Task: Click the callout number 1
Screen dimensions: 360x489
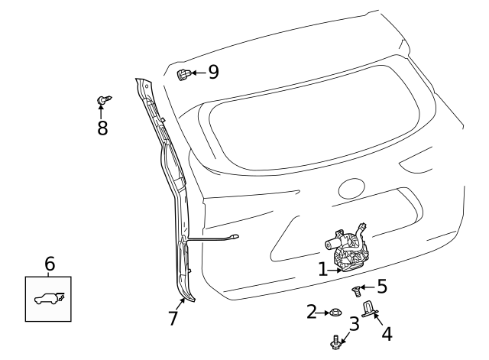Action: (x=322, y=269)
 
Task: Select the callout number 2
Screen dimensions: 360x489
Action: (x=311, y=311)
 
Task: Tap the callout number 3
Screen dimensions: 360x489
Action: (x=354, y=323)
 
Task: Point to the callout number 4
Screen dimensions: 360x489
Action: (x=386, y=334)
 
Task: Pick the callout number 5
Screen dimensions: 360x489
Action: (x=381, y=287)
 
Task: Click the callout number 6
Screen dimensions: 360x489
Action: (x=50, y=264)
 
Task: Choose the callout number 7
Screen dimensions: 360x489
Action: (x=173, y=318)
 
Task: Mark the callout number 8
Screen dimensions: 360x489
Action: (x=102, y=127)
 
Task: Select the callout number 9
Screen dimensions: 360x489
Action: (x=212, y=72)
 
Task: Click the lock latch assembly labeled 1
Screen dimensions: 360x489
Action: (x=348, y=248)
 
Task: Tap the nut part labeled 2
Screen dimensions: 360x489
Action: (x=334, y=312)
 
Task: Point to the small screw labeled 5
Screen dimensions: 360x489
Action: (x=355, y=290)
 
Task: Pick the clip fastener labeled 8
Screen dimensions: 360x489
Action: (x=102, y=100)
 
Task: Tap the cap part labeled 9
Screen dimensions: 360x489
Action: (x=183, y=74)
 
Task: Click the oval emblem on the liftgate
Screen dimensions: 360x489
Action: (x=353, y=188)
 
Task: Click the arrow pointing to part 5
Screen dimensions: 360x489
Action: (x=367, y=288)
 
